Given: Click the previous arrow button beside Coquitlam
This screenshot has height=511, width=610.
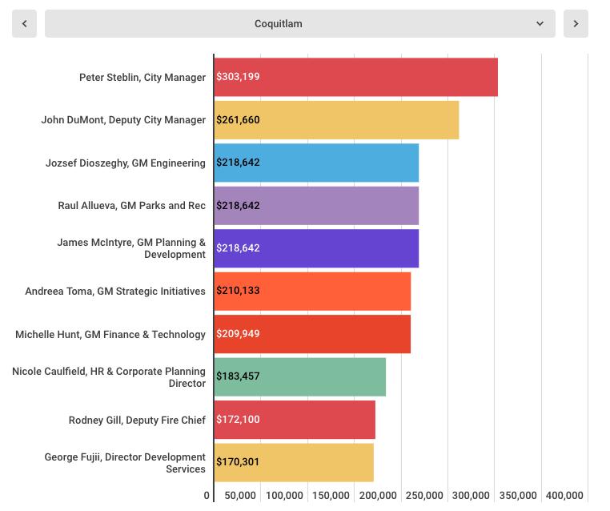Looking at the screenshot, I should [24, 24].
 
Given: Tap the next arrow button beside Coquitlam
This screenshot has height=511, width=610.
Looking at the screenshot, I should [576, 24].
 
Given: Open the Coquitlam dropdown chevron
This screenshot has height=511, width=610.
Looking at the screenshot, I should [540, 24].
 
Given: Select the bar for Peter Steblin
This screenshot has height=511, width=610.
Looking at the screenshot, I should [356, 77].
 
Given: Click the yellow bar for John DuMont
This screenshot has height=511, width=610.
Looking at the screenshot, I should [336, 120].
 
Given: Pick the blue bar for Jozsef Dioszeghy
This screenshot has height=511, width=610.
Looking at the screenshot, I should [316, 163].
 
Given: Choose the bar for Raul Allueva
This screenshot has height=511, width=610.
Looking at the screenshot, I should [316, 206].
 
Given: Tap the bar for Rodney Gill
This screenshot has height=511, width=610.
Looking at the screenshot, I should [295, 420].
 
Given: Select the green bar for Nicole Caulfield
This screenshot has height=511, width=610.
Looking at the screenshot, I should [300, 376].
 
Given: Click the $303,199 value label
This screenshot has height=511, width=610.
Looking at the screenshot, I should [238, 77].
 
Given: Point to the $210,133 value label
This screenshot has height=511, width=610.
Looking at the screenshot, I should [238, 291].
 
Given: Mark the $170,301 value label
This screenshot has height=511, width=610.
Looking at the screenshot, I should [238, 462].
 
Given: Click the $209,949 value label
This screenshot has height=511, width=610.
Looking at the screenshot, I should [238, 334].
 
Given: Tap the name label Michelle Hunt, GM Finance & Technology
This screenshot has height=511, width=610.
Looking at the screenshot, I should [110, 335].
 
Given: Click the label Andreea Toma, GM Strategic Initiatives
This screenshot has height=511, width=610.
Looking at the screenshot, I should [115, 292].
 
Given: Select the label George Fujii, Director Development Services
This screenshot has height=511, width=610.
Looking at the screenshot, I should [125, 463].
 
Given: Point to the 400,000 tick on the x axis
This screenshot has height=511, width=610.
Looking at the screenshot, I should [564, 496].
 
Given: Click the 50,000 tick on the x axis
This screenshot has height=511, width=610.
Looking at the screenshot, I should [239, 496].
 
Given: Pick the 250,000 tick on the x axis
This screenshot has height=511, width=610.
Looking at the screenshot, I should [424, 496].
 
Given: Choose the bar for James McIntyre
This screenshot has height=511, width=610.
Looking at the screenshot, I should [316, 248].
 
